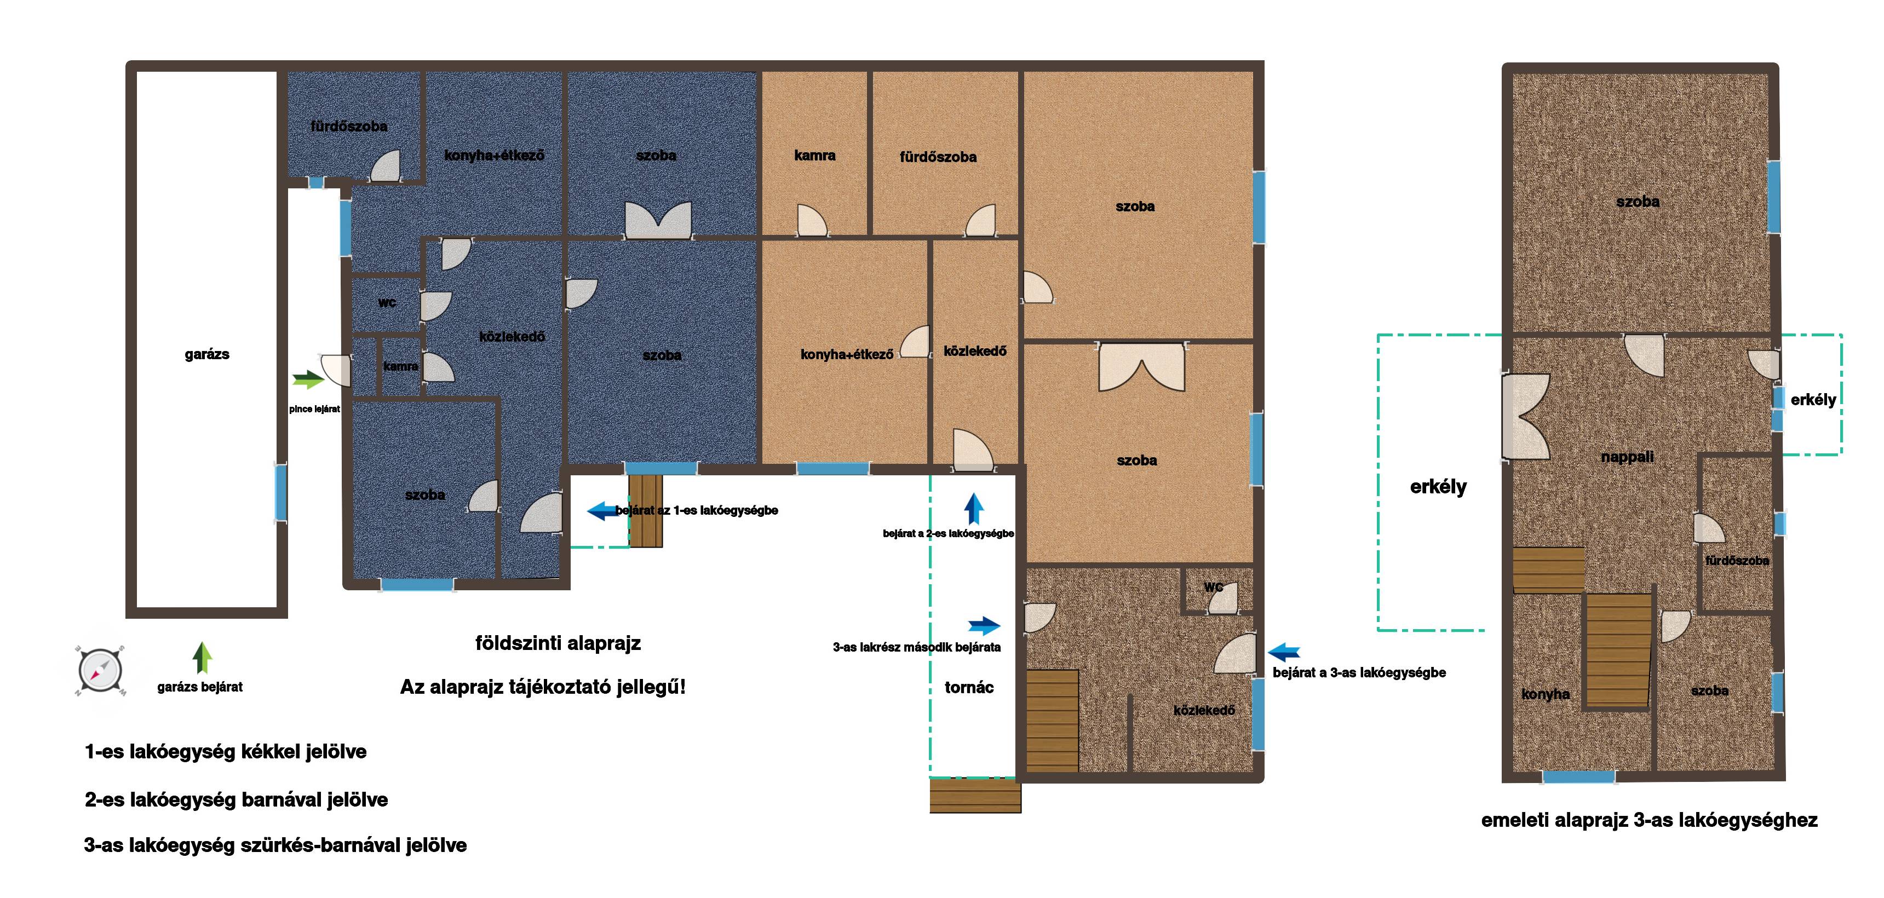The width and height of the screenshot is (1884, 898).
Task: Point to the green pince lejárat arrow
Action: point(308,379)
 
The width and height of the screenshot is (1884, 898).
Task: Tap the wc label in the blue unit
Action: point(387,302)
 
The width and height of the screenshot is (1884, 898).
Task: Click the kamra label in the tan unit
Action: point(815,155)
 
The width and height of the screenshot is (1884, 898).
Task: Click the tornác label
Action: point(969,687)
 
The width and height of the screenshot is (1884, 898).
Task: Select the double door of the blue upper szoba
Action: point(658,220)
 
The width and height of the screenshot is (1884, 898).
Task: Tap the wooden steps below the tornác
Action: point(975,796)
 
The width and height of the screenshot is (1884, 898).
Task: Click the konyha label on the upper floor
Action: point(1546,694)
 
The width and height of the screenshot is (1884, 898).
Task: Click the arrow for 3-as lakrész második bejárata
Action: point(984,625)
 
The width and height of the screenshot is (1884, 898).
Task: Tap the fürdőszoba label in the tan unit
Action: point(938,157)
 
